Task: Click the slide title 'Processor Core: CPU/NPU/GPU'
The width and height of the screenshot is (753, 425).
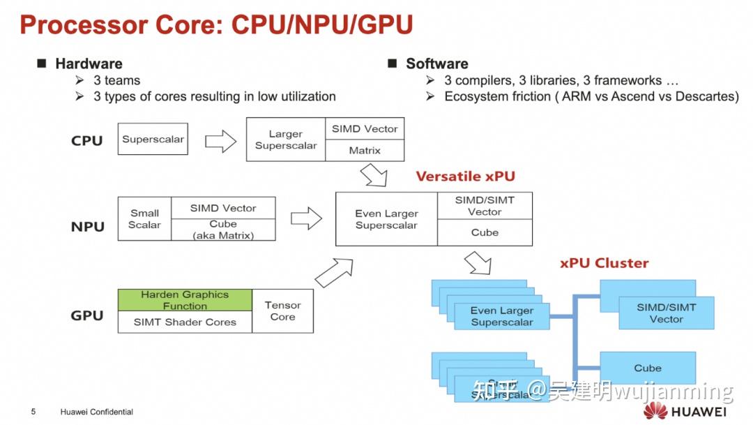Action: (216, 25)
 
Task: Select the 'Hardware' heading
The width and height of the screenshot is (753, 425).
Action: (89, 64)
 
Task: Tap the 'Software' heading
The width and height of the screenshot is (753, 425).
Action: (436, 64)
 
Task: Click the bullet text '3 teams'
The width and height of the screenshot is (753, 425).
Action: (116, 80)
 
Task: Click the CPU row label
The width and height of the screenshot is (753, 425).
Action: (87, 141)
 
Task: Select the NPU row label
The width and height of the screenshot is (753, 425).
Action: (88, 227)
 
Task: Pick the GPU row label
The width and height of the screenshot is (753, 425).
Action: (87, 315)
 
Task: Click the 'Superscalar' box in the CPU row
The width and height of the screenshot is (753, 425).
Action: (153, 140)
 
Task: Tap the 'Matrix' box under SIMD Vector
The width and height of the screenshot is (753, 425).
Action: (365, 150)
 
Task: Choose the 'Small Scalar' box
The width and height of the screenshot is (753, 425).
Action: (144, 219)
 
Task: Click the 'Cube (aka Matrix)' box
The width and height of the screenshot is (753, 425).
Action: (223, 230)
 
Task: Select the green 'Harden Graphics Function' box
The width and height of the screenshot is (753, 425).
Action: (185, 300)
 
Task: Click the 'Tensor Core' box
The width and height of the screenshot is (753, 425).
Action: (282, 311)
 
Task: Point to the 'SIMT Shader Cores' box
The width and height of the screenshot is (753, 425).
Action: (185, 322)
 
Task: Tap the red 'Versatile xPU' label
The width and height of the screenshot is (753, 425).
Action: (465, 177)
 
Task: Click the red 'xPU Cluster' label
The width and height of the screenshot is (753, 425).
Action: (604, 263)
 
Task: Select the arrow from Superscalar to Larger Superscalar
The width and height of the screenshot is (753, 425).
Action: (221, 142)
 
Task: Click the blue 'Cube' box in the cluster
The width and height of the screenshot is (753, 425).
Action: (648, 368)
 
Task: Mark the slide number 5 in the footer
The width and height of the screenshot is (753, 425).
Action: (33, 412)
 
